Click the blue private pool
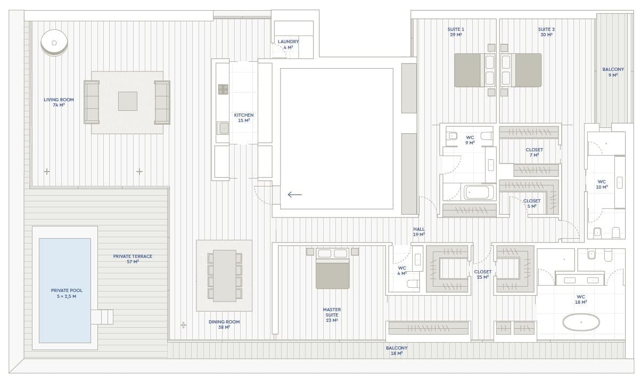[65, 290]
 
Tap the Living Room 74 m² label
[59, 102]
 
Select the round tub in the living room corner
[54, 43]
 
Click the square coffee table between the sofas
[128, 101]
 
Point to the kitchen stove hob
[223, 90]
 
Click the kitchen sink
[223, 128]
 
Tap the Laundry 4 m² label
[288, 44]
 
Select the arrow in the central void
[295, 195]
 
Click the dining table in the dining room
[225, 275]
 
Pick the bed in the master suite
[333, 269]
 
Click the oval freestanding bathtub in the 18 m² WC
[581, 322]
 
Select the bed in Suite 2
[521, 70]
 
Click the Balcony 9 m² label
[613, 72]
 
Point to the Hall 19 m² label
[418, 232]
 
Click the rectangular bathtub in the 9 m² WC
[479, 192]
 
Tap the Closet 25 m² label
[483, 274]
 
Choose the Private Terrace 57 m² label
[133, 259]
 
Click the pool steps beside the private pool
[102, 317]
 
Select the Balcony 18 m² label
[397, 351]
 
